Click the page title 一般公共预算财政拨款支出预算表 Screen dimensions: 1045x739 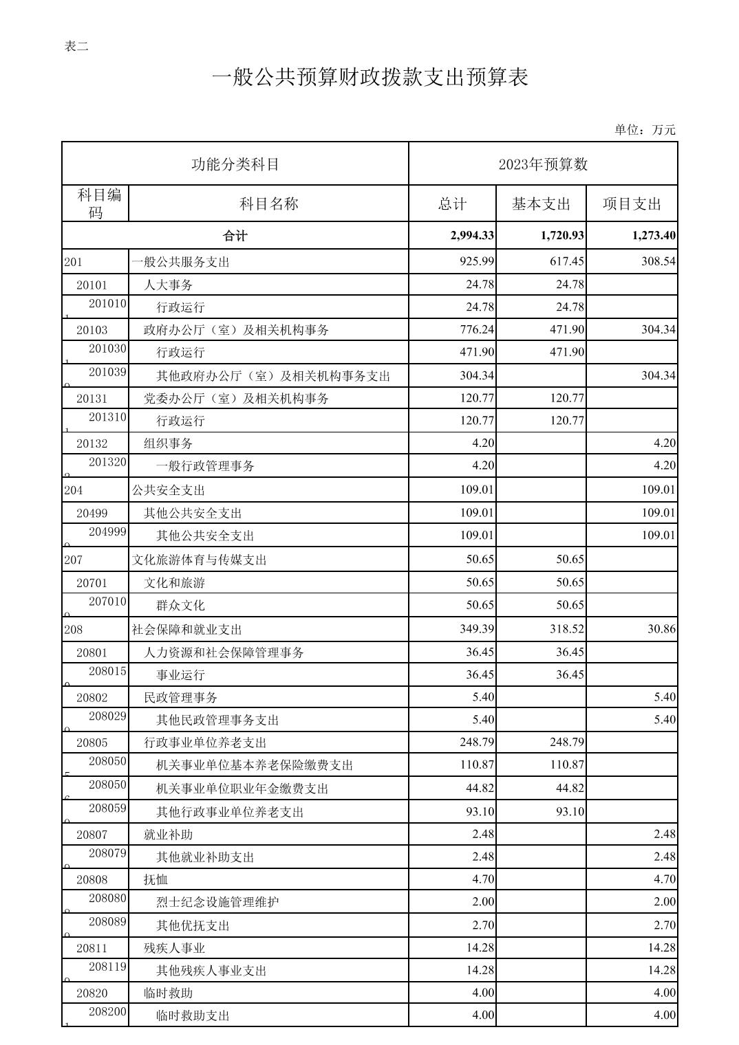click(x=370, y=78)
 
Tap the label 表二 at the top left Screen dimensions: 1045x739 click(x=76, y=47)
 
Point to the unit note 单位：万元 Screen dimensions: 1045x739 click(x=645, y=130)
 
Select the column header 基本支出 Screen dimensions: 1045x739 click(x=541, y=204)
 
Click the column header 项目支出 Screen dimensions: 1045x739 click(x=632, y=204)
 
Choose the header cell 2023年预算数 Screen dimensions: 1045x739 click(x=543, y=164)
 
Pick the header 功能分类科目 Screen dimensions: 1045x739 click(x=235, y=164)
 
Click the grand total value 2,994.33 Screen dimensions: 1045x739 click(x=472, y=236)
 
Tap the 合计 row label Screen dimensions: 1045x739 click(x=235, y=236)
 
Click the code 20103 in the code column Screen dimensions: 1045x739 click(x=92, y=330)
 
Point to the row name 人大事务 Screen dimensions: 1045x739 click(x=168, y=285)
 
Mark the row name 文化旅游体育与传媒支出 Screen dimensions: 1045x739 click(x=200, y=560)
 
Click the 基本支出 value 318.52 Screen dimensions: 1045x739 click(x=566, y=629)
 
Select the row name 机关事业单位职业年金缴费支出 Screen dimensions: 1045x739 click(x=242, y=789)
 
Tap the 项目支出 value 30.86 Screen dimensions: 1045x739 click(x=661, y=629)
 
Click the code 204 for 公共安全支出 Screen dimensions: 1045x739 click(x=73, y=490)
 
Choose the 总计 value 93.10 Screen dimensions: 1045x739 click(x=480, y=812)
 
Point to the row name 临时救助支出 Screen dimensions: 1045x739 click(x=193, y=1015)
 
